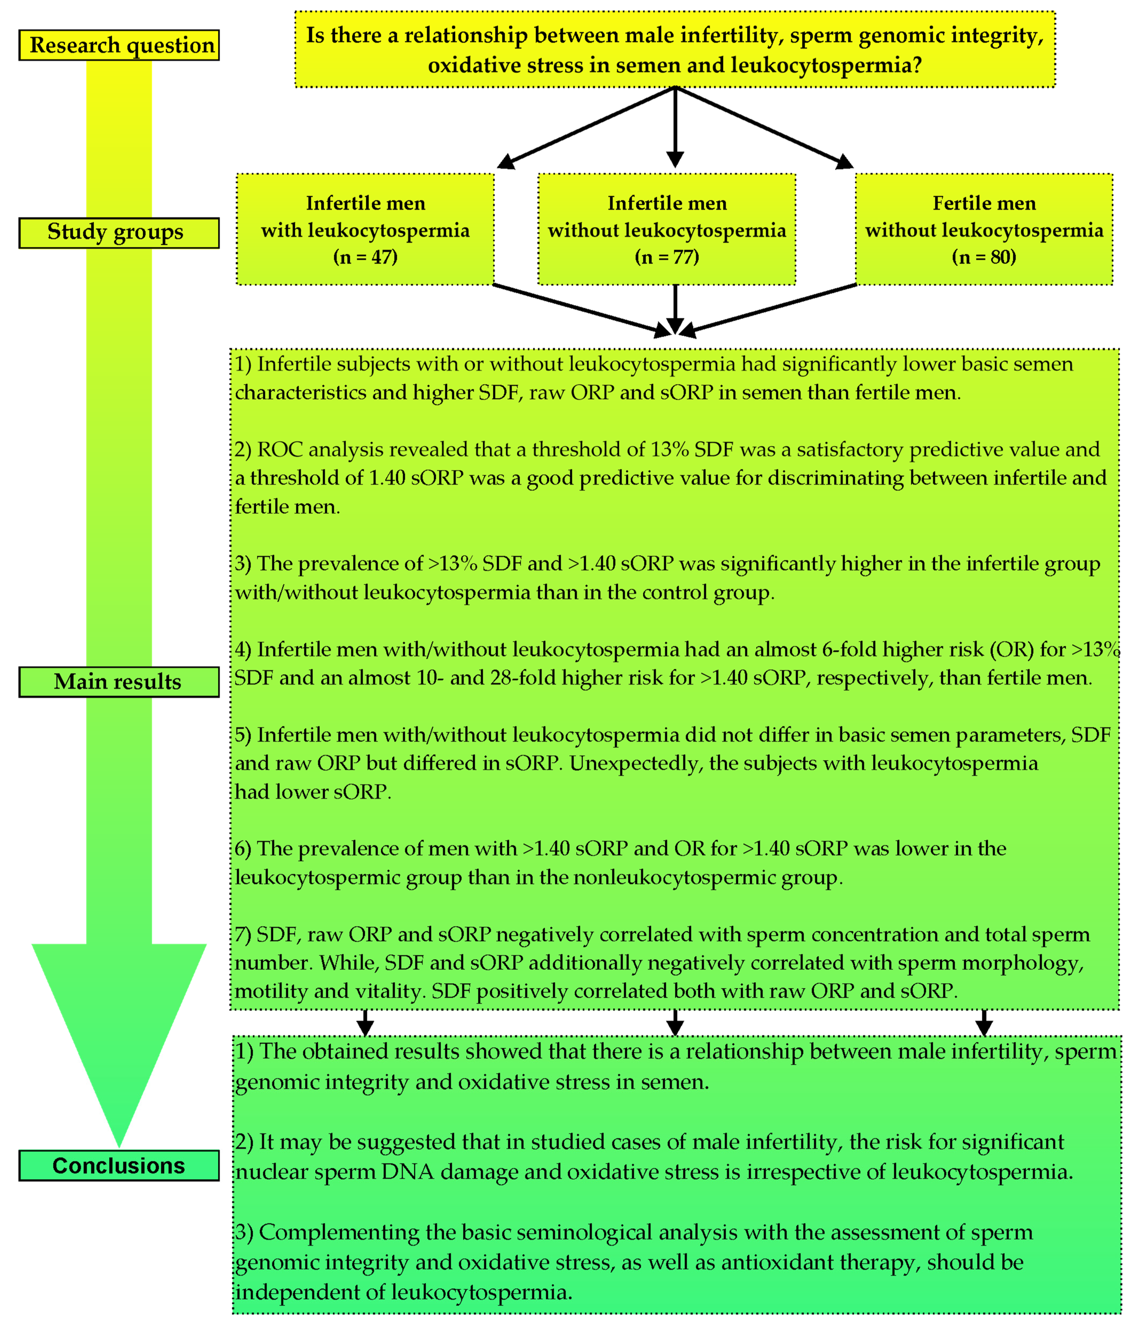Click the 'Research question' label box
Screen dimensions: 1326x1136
119,45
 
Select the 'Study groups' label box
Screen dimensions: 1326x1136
119,232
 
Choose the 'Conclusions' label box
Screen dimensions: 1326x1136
119,1165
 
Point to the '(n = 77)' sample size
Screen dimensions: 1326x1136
667,257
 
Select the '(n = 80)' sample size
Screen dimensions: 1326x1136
984,257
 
